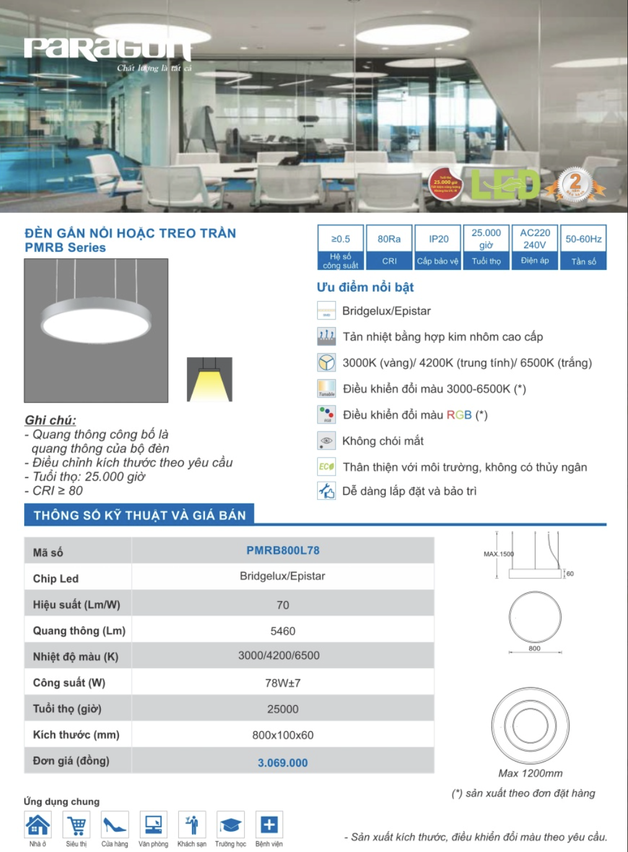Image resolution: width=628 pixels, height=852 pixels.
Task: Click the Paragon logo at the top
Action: (108, 50)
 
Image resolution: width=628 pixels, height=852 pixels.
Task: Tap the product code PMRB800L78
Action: (282, 550)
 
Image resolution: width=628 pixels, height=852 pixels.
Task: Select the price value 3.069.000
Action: (282, 763)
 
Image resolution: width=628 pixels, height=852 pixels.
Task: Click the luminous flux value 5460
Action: (282, 631)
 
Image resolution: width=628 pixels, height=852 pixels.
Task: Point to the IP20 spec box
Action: (438, 246)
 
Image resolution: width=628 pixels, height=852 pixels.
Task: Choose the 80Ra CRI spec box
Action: (389, 246)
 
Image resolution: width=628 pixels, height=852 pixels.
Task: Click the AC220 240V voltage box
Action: (535, 246)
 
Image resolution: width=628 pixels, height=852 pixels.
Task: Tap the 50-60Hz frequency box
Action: (583, 246)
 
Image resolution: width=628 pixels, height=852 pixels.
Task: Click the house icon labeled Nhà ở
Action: (38, 825)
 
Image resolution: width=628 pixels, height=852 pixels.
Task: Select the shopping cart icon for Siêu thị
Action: (76, 825)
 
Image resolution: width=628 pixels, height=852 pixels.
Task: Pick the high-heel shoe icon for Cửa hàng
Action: (115, 825)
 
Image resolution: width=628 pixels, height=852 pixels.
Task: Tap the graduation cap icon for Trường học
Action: (230, 825)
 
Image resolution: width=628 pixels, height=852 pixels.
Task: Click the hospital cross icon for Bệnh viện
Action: (269, 825)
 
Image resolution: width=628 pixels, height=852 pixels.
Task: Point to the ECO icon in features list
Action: (326, 467)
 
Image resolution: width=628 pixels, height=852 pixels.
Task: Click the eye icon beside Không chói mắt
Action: (326, 441)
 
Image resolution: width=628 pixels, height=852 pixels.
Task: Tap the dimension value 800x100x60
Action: (282, 735)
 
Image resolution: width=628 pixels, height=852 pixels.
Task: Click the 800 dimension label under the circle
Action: (534, 648)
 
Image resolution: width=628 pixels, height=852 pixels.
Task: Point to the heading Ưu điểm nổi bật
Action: (365, 287)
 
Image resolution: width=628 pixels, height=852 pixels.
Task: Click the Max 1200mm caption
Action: (530, 773)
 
